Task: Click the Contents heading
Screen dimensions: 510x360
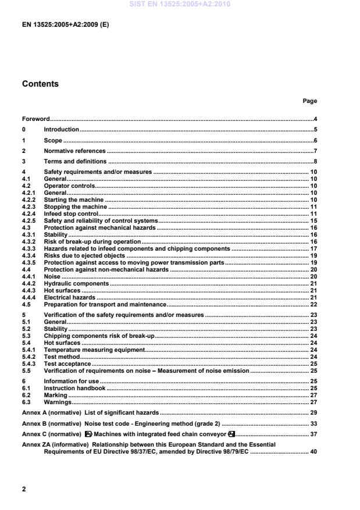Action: pyautogui.click(x=40, y=84)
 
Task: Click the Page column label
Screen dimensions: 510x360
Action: pyautogui.click(x=309, y=101)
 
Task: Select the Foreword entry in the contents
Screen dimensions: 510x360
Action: pyautogui.click(x=35, y=119)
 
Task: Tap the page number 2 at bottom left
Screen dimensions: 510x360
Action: pyautogui.click(x=24, y=489)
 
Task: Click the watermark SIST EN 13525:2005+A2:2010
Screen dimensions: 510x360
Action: pyautogui.click(x=180, y=4)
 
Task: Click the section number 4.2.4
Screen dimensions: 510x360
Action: pyautogui.click(x=28, y=214)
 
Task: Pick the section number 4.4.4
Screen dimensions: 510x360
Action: pyautogui.click(x=28, y=297)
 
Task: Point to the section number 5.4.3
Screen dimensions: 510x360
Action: pyautogui.click(x=28, y=363)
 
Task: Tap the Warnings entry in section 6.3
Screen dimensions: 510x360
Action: pyautogui.click(x=58, y=401)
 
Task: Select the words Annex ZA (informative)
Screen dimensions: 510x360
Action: pyautogui.click(x=51, y=444)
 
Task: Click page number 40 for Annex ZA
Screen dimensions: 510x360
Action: pyautogui.click(x=313, y=451)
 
